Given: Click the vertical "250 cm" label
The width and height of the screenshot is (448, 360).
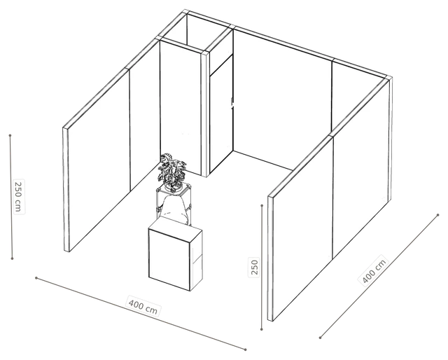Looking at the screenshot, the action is point(19,197).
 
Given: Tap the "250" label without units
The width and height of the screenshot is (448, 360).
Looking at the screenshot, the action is point(254,266).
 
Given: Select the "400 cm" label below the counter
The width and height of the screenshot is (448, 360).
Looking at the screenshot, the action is point(143,307).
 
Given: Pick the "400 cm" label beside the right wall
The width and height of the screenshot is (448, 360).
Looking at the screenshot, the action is point(374,270).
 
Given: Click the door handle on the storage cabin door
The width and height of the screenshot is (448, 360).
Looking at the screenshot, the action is point(232,103).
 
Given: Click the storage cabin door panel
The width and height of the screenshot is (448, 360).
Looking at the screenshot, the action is point(221,114).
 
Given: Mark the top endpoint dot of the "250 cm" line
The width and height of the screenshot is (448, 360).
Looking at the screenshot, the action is point(10,135).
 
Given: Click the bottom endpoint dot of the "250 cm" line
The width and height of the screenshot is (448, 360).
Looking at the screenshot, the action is point(12,258).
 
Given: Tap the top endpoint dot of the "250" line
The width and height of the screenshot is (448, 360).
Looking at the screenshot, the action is point(262,205).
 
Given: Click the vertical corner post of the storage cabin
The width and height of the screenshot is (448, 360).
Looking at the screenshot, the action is point(205,114).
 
